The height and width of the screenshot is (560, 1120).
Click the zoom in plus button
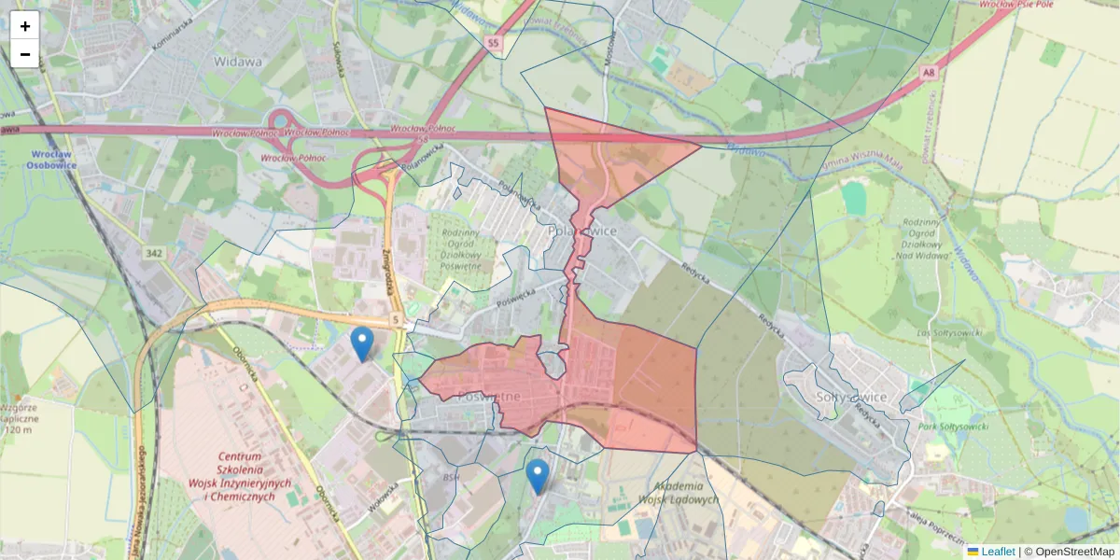[25, 26]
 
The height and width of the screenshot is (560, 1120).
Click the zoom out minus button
[25, 54]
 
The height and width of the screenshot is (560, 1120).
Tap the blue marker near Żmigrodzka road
[362, 343]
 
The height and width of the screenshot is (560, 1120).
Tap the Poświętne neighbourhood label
[489, 397]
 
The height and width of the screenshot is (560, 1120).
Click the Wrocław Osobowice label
[53, 160]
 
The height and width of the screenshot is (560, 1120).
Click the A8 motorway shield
[927, 71]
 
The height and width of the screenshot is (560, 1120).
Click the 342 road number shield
[155, 253]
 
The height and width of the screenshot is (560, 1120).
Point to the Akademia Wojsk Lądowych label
[679, 493]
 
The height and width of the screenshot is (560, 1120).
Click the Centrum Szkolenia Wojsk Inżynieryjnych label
[241, 476]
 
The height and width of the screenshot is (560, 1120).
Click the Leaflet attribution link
[998, 552]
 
